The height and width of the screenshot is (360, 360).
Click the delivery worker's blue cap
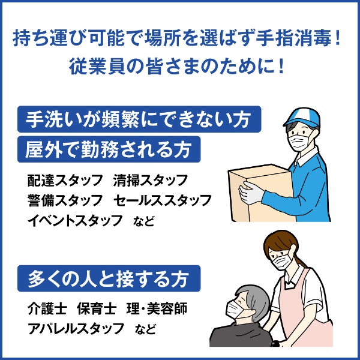[x=302, y=116]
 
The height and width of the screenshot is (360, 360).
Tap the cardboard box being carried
[x=259, y=193]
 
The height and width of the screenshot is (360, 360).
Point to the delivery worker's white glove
[x=251, y=193]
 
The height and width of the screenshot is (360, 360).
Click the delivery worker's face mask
[x=298, y=140]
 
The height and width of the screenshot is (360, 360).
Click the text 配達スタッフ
[x=65, y=180]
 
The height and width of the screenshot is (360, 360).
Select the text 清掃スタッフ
[x=151, y=180]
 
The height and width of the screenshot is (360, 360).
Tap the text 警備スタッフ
[x=65, y=200]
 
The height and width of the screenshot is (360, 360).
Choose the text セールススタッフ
[x=163, y=200]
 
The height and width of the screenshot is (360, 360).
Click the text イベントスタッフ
[x=75, y=220]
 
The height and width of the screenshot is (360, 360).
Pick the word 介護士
[x=47, y=308]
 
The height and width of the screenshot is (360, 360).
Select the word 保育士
[x=97, y=308]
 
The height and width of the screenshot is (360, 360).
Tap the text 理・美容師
[x=157, y=308]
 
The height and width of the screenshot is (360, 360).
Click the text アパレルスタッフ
[x=76, y=328]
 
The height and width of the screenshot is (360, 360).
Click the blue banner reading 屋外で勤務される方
[x=109, y=149]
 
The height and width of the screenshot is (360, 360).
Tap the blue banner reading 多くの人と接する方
[x=109, y=278]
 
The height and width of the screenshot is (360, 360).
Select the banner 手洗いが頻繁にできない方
[x=139, y=119]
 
